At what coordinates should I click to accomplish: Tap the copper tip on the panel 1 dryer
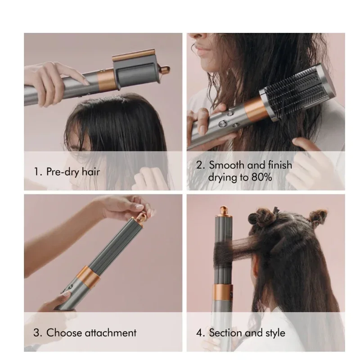[165, 70]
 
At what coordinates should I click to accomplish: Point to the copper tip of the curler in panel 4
[223, 210]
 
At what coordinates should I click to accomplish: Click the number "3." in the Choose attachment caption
[38, 333]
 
